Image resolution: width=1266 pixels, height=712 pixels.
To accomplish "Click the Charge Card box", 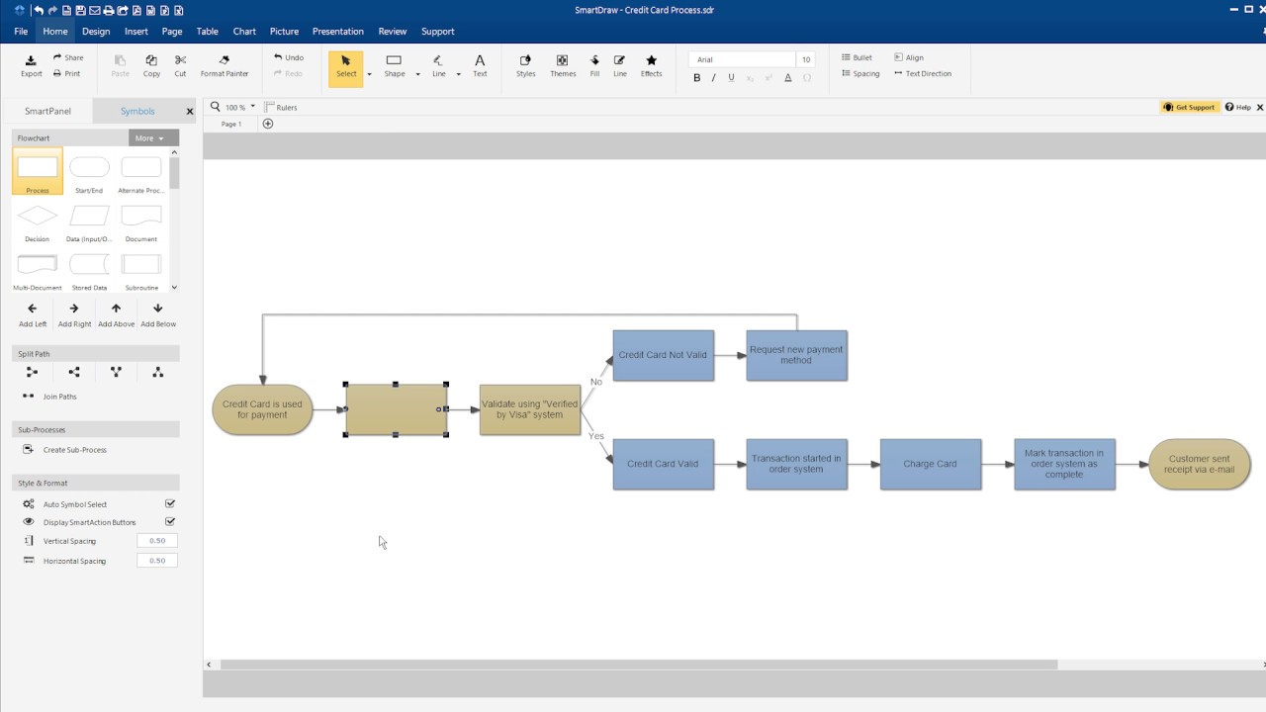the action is click(931, 464).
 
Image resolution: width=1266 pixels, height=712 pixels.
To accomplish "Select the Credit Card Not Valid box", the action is click(663, 355).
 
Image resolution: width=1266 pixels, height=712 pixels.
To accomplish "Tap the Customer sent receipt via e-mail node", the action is click(1200, 464).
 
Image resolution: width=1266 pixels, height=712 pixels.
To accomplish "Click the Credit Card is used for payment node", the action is click(262, 409).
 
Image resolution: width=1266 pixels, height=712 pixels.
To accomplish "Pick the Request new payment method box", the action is click(796, 355).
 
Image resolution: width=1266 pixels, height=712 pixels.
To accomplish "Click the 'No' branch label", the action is click(596, 382).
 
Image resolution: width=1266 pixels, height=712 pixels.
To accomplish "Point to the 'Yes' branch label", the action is click(596, 436).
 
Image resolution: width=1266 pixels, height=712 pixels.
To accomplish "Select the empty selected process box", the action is click(396, 409).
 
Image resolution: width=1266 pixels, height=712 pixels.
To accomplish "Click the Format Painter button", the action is click(225, 65).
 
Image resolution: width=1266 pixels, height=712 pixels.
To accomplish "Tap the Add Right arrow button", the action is click(74, 314).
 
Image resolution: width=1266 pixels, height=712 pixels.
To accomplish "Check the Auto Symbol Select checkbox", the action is click(170, 503).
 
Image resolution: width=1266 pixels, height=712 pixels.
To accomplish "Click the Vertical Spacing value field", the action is click(157, 541).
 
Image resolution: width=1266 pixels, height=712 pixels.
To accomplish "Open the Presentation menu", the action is click(338, 31).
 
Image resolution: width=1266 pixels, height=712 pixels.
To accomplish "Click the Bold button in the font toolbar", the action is click(697, 78).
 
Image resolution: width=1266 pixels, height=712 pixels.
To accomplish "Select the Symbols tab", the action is click(137, 111).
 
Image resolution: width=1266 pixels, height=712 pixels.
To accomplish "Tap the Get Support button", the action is click(1189, 108).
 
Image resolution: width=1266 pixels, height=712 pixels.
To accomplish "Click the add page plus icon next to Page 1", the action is click(268, 124).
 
